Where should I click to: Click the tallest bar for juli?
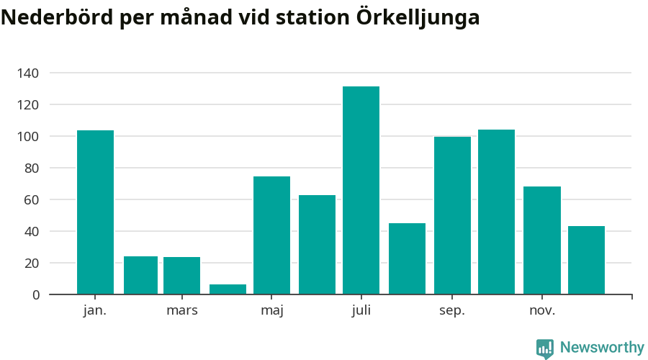coord(361,190)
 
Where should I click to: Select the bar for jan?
coord(95,212)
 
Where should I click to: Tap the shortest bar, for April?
coord(228,289)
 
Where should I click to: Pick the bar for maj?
coord(271,235)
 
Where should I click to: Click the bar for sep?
coord(452,215)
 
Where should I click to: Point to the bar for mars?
coord(181,276)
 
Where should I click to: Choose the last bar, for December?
coord(586,260)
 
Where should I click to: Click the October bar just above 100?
coord(496,212)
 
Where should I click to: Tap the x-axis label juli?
coord(361,310)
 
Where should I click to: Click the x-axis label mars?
coord(181,310)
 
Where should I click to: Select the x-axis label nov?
coord(542,310)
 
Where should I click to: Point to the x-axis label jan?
coord(95,310)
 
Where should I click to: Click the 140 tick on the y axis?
coord(29,73)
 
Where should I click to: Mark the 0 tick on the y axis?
coord(36,294)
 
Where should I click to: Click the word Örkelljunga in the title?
coord(418,18)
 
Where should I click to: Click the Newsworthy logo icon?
coord(545,348)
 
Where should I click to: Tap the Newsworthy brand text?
coord(602,348)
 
